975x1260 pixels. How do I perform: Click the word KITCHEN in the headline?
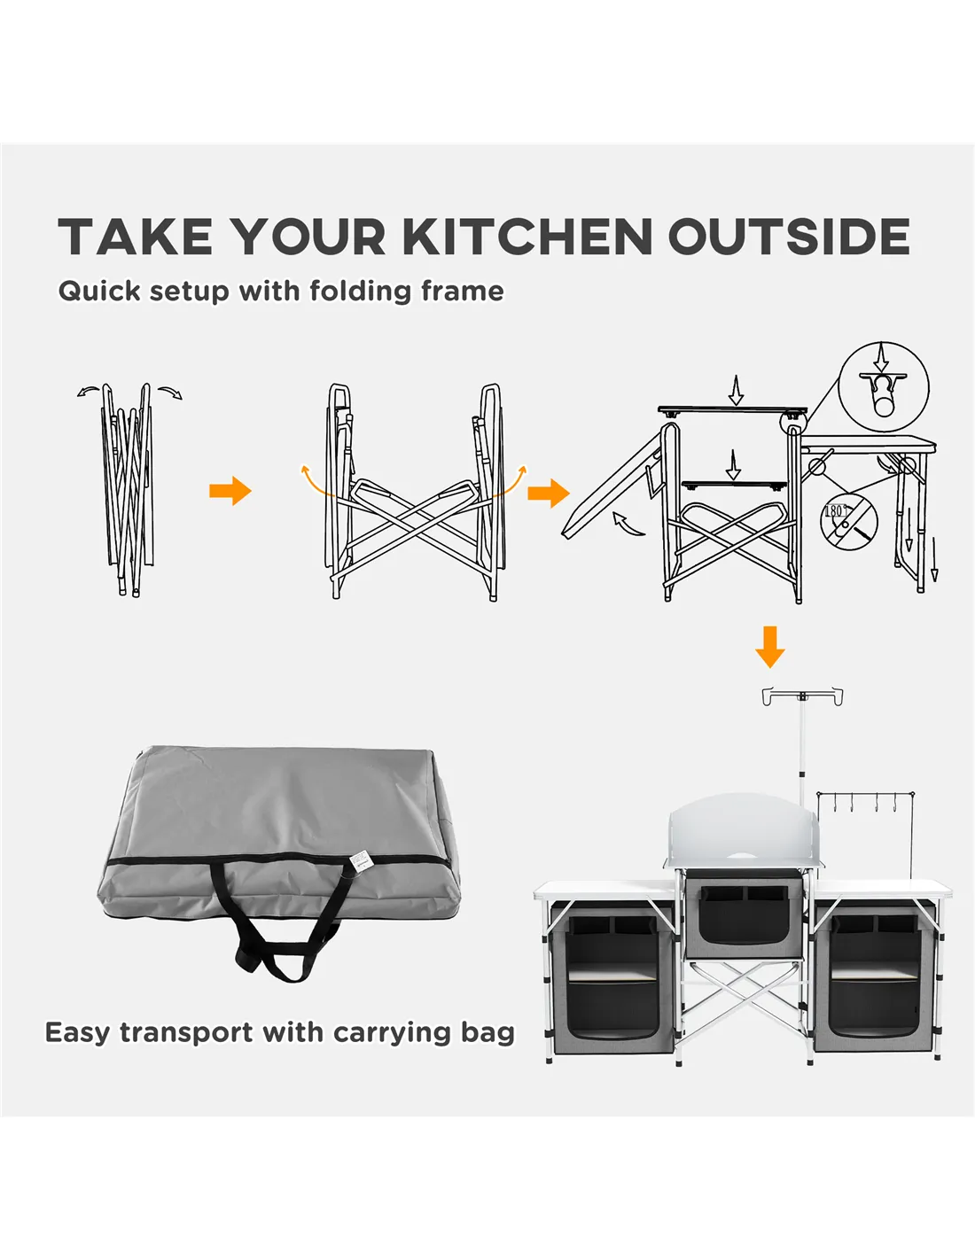pos(527,236)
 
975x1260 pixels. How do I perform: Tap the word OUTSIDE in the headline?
pos(789,236)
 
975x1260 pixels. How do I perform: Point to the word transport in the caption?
pos(187,1032)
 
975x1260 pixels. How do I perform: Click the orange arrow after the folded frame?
pos(230,491)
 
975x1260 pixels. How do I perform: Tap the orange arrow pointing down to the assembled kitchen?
pos(769,647)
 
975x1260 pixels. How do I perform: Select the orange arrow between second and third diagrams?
pos(548,493)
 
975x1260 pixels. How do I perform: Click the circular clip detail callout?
pos(884,386)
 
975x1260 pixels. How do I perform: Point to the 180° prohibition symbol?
pos(848,520)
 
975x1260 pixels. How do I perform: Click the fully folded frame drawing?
pos(129,489)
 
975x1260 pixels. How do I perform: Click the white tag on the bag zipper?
pos(360,859)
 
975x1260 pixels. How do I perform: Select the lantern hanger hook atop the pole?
pos(802,696)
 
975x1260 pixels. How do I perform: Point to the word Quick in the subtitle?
pos(98,292)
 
